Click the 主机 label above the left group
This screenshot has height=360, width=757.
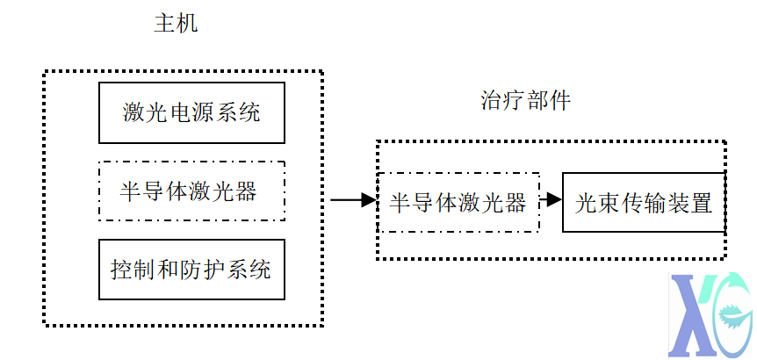(176, 24)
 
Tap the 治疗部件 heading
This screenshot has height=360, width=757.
(526, 100)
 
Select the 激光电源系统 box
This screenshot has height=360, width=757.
(191, 112)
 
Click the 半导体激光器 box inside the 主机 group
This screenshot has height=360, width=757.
(191, 191)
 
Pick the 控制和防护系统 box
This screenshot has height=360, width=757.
(191, 269)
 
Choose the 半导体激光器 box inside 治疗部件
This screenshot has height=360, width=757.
(458, 202)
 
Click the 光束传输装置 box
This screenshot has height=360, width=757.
(643, 202)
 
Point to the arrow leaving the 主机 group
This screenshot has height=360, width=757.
(352, 200)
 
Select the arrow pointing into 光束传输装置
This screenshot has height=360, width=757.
(551, 199)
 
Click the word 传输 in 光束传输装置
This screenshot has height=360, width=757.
(643, 203)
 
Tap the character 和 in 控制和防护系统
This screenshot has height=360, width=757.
(169, 269)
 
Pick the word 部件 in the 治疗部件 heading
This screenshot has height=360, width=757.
(549, 100)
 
